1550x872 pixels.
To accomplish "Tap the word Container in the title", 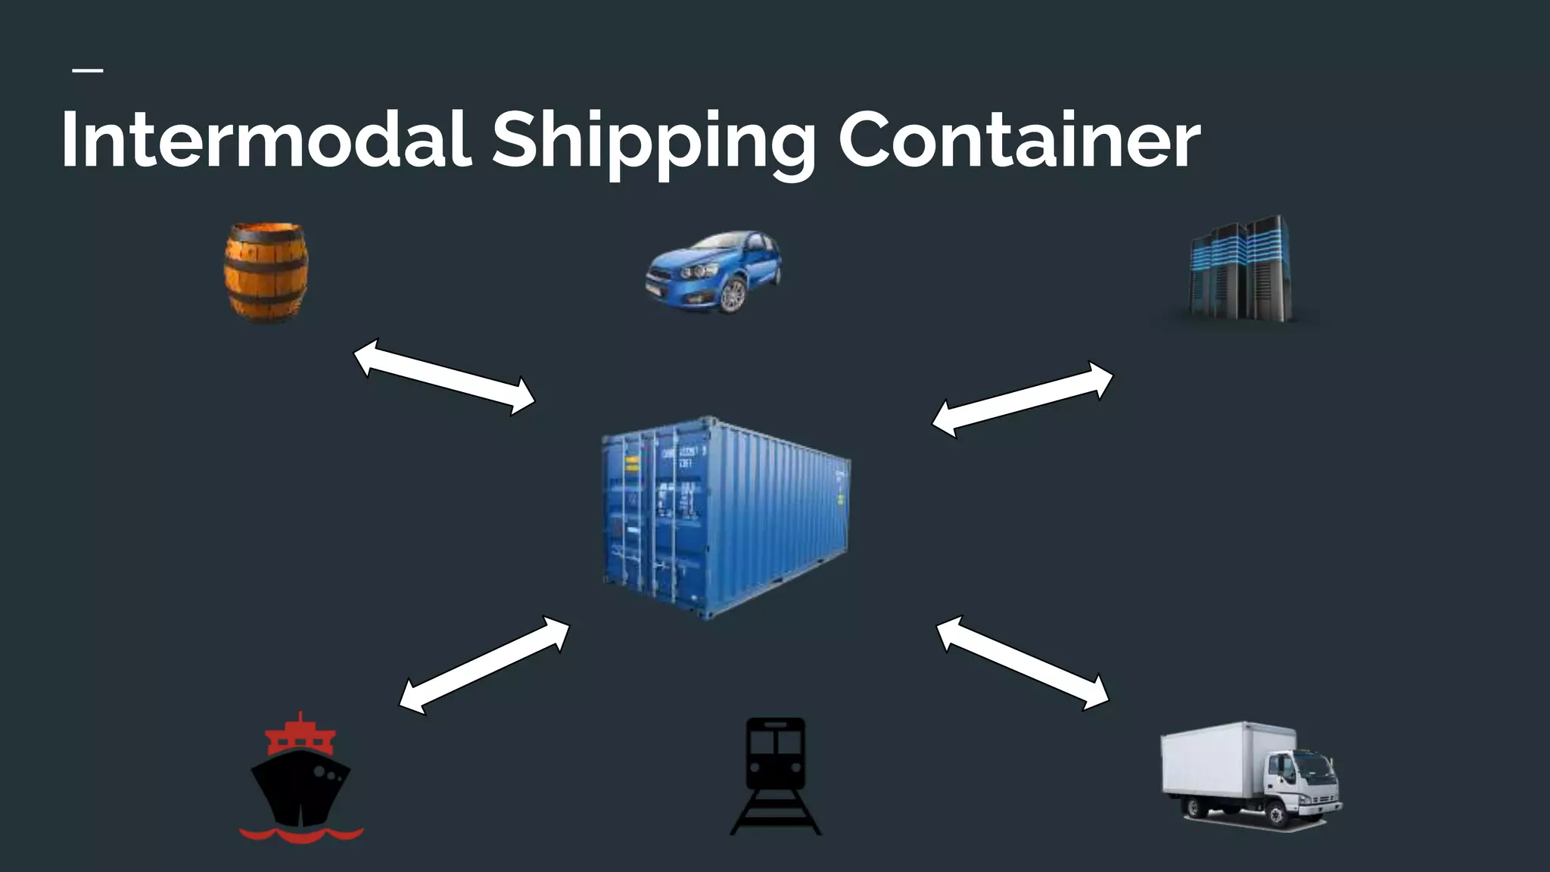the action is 1018,140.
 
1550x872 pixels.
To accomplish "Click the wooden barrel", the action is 266,272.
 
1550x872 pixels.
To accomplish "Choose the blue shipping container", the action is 725,517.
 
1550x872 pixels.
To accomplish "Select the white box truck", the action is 1249,774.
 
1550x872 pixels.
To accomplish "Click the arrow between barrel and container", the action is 444,377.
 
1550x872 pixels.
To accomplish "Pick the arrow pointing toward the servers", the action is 1022,399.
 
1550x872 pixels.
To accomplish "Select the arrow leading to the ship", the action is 484,665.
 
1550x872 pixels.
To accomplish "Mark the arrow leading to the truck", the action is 1022,663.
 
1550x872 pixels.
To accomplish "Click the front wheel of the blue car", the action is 732,296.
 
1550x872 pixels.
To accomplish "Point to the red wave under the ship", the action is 301,834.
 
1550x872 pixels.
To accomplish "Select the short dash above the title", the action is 88,71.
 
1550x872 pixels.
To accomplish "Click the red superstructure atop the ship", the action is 300,735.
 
